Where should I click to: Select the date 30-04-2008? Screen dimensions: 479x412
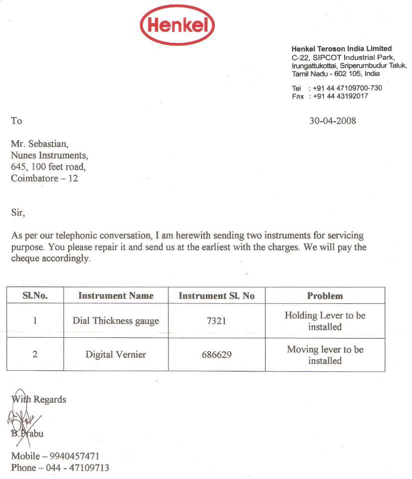point(333,121)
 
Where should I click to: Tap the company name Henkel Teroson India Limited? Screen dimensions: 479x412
point(342,49)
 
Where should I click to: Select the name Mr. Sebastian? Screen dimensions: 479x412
point(39,145)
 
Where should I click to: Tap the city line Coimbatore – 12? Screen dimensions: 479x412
point(44,178)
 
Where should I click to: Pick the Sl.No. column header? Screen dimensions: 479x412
point(35,295)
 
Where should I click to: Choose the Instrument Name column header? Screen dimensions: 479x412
point(116,295)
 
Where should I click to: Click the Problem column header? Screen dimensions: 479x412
point(325,295)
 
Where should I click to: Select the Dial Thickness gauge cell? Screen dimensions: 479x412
point(116,321)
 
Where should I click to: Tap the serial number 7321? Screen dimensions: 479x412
point(216,321)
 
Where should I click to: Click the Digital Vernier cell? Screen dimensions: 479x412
point(116,355)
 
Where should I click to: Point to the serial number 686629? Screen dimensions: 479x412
point(216,355)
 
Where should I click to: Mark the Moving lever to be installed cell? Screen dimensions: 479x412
point(325,355)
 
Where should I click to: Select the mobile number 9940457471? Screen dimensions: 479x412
point(75,456)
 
